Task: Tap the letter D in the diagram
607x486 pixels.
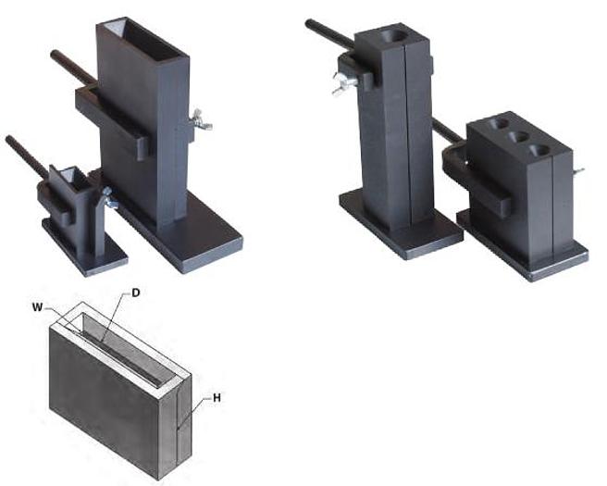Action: (x=135, y=292)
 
